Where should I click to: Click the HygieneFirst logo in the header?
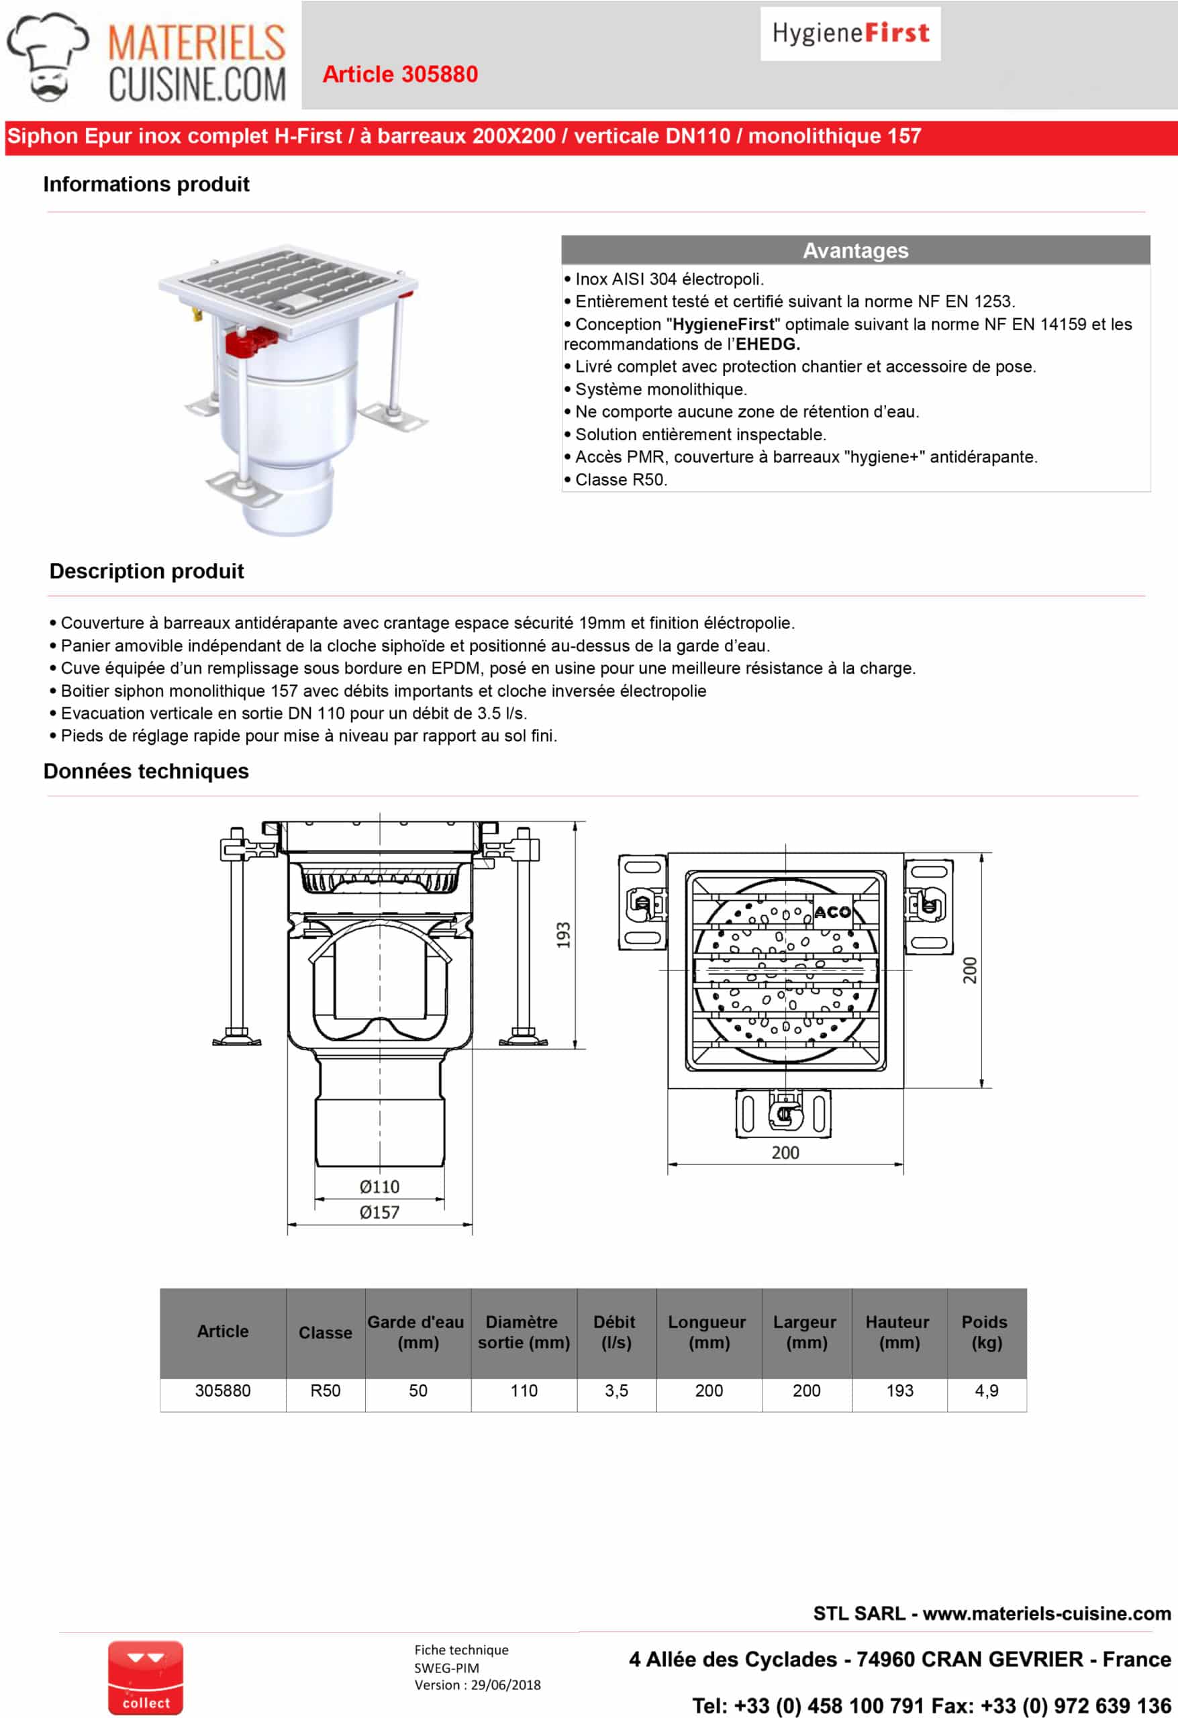click(850, 34)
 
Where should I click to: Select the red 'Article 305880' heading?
click(400, 74)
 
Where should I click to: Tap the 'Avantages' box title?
click(855, 250)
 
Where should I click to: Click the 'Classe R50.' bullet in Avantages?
click(620, 480)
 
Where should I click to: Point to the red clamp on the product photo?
click(250, 342)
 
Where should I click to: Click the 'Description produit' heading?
click(146, 570)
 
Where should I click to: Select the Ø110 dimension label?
click(379, 1186)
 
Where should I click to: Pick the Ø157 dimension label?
click(379, 1213)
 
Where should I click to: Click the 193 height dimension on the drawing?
click(563, 935)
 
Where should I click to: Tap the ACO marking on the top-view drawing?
click(832, 912)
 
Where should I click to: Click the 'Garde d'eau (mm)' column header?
click(417, 1332)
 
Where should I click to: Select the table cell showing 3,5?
click(616, 1391)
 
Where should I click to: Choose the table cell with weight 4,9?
click(986, 1391)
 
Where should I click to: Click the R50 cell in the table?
click(326, 1391)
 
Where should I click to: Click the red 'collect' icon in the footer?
click(146, 1678)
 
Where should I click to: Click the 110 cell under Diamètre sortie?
click(524, 1391)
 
